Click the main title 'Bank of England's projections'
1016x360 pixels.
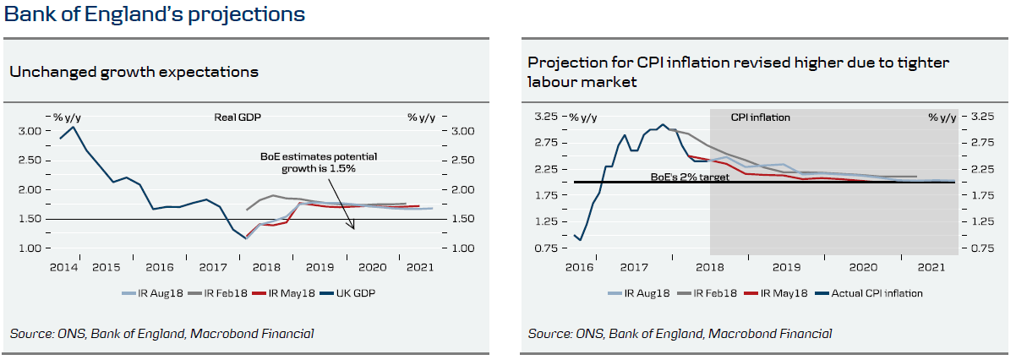coord(155,15)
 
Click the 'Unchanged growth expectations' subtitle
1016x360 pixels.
coord(134,72)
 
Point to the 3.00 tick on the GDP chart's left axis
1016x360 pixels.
coord(29,131)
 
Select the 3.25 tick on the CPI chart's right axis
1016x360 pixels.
coord(980,117)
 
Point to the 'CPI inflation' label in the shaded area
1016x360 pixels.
coord(760,117)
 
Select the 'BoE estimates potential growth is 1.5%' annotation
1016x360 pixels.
coord(319,163)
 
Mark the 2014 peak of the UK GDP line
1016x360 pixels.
coord(74,127)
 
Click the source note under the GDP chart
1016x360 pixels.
coord(161,334)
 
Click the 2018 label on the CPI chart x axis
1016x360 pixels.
coord(707,267)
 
